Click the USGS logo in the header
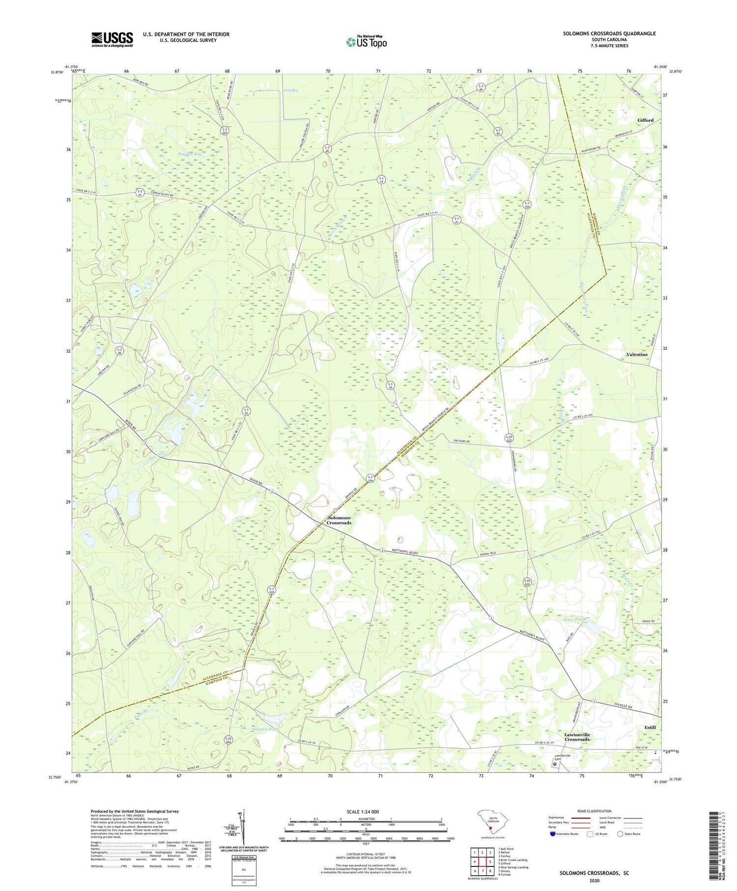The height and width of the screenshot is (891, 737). pos(112,39)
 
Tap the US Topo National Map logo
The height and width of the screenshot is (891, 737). pos(367,42)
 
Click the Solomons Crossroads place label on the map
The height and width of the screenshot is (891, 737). pos(339,520)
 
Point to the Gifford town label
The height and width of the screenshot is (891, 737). pos(645,120)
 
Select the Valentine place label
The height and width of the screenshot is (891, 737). pos(637,354)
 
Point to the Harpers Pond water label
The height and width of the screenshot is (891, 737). pos(264,729)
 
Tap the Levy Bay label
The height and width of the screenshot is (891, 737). pos(291,90)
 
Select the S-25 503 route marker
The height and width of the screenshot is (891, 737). pos(228,740)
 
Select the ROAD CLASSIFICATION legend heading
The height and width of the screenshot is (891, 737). pos(595,811)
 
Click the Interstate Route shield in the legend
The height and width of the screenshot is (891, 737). pos(553,834)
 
